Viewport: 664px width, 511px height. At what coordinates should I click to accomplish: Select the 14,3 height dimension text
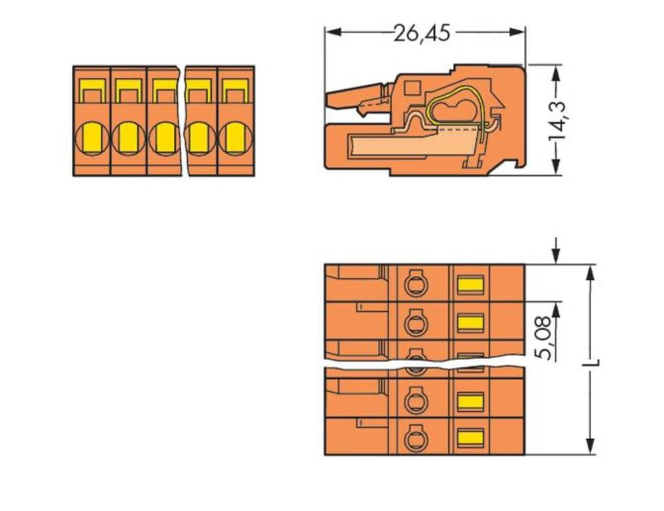(x=556, y=120)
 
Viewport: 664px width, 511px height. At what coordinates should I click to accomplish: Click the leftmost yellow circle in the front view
(x=92, y=138)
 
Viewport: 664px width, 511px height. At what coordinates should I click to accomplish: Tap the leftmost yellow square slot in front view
(x=92, y=90)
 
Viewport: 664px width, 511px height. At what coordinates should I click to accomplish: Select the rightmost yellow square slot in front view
(x=234, y=90)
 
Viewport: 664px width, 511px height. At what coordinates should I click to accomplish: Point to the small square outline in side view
(x=412, y=86)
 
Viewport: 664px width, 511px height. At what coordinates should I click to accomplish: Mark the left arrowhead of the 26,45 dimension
(x=330, y=32)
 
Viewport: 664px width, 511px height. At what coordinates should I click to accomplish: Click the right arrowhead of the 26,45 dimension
(x=520, y=32)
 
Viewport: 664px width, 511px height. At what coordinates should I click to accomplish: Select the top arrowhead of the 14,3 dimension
(x=556, y=69)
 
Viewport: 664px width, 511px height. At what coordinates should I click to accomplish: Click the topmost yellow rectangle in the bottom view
(x=470, y=284)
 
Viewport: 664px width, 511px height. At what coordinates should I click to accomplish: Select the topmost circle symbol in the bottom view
(x=416, y=284)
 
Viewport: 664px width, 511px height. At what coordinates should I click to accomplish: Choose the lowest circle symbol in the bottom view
(x=416, y=437)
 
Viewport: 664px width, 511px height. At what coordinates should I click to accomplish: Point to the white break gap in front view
(x=183, y=120)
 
